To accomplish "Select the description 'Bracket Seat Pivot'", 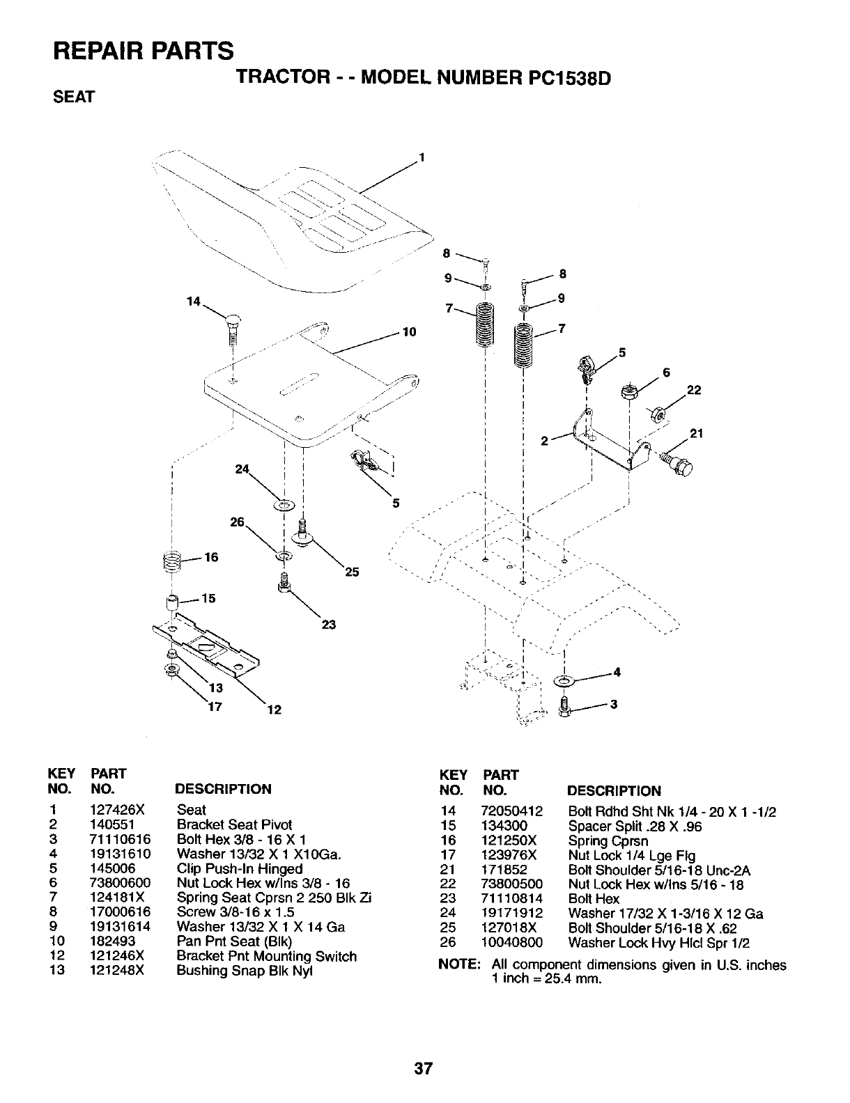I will click(x=234, y=824).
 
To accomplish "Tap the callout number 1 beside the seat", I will click(x=422, y=157).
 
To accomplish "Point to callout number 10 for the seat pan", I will click(x=409, y=331).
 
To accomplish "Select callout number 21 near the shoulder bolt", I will click(x=695, y=434).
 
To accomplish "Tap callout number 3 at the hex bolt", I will click(x=613, y=704).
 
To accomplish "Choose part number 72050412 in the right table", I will click(x=511, y=812).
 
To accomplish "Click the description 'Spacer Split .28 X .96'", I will click(x=635, y=827).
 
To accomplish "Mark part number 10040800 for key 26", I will click(x=511, y=943).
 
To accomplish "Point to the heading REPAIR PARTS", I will click(x=144, y=51).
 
